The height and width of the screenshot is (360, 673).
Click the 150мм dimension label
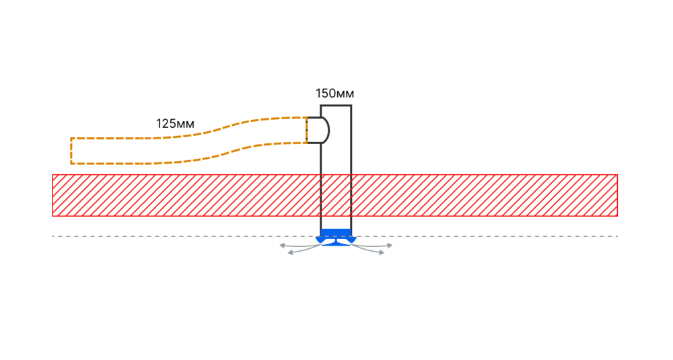coord(334,94)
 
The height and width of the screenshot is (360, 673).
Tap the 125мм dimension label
coord(175,124)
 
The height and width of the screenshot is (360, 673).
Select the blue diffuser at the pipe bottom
coord(336,238)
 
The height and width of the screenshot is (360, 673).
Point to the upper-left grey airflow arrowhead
coord(283,246)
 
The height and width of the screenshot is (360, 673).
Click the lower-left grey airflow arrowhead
coord(290,253)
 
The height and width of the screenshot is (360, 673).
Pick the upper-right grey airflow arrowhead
coord(389,246)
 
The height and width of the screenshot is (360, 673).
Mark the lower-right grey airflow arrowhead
coord(381,253)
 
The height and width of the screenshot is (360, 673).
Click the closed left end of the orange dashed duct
coord(71,151)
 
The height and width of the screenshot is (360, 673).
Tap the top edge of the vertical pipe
coord(336,106)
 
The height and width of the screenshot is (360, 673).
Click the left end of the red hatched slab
coord(52,195)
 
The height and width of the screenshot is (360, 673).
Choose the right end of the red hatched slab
coord(617,195)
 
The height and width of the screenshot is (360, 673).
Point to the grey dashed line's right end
coord(618,236)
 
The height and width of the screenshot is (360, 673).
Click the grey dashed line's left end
coord(52,236)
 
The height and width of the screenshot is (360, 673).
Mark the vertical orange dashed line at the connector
coord(307,130)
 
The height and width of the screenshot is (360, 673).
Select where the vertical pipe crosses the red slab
coord(336,195)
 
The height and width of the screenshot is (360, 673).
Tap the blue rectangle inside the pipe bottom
coord(336,233)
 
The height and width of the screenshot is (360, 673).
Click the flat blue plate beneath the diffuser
coord(336,245)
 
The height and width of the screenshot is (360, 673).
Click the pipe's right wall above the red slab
coord(351,140)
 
